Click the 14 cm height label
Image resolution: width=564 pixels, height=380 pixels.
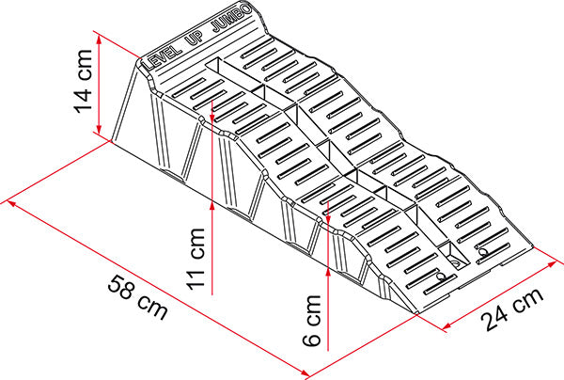pos(83,87)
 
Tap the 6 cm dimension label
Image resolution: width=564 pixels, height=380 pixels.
pos(314,320)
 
